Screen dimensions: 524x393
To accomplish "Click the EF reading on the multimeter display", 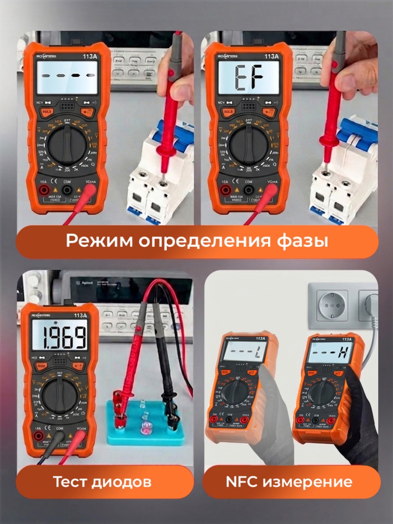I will [x=249, y=78].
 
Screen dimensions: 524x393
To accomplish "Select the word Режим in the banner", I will [x=93, y=241].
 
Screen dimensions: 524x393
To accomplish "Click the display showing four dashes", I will [x=67, y=77].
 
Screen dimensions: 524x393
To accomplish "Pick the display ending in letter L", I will [x=245, y=352].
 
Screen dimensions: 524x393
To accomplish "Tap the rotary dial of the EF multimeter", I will [x=248, y=144].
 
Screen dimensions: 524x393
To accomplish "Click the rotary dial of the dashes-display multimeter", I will [x=67, y=144].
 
